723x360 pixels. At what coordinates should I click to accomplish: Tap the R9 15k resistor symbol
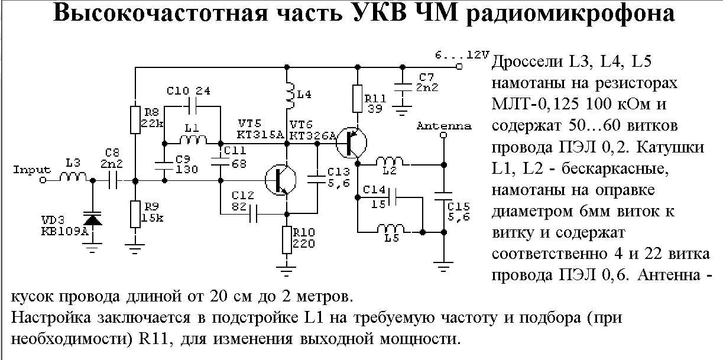coord(135,212)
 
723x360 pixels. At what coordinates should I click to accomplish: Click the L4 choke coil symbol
coord(288,95)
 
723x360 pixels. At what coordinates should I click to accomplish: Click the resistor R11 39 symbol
coord(357,99)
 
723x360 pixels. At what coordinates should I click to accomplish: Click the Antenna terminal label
coord(444,126)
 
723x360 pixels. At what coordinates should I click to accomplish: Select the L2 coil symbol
coord(391,160)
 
